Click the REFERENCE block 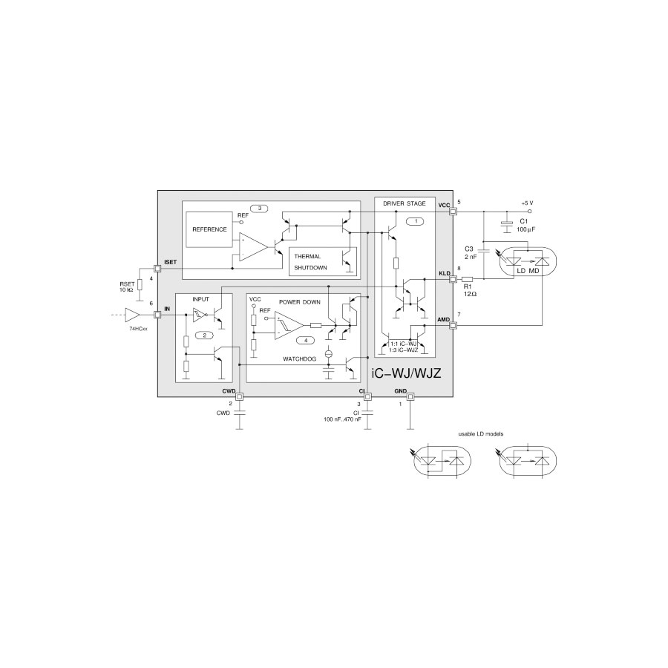pos(209,229)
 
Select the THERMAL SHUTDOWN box pos(323,261)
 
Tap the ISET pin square pos(157,269)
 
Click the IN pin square pos(157,315)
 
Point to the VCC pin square pos(453,212)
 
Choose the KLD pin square pos(453,280)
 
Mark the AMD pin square pos(453,326)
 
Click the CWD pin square pos(240,397)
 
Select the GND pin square pos(410,397)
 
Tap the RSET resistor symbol pos(140,285)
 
